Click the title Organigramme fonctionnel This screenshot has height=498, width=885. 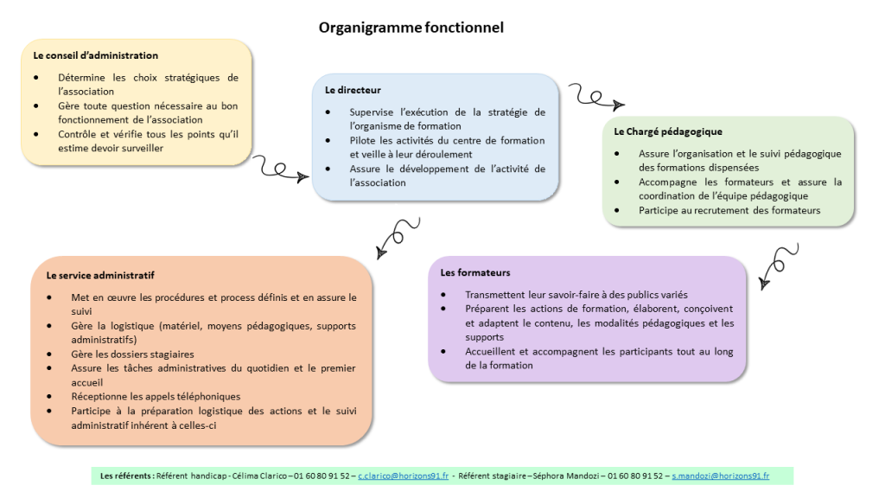click(x=411, y=28)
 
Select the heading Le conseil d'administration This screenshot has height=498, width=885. click(x=95, y=55)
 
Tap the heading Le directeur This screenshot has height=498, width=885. click(x=353, y=90)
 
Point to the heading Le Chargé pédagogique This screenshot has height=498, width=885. click(x=668, y=131)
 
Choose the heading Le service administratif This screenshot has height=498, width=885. click(x=100, y=276)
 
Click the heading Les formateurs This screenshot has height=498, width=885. click(x=474, y=272)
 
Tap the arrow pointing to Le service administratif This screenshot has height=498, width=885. click(x=398, y=237)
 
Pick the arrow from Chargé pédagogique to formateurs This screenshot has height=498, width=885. click(x=778, y=265)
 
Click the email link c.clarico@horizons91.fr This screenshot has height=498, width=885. click(x=403, y=476)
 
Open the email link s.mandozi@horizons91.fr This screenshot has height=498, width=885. click(x=720, y=476)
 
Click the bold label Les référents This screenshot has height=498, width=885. click(x=126, y=476)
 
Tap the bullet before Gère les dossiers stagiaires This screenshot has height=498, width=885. click(x=49, y=354)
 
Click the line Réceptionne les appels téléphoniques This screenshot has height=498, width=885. click(x=156, y=396)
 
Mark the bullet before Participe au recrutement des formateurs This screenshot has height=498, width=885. click(x=617, y=210)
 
